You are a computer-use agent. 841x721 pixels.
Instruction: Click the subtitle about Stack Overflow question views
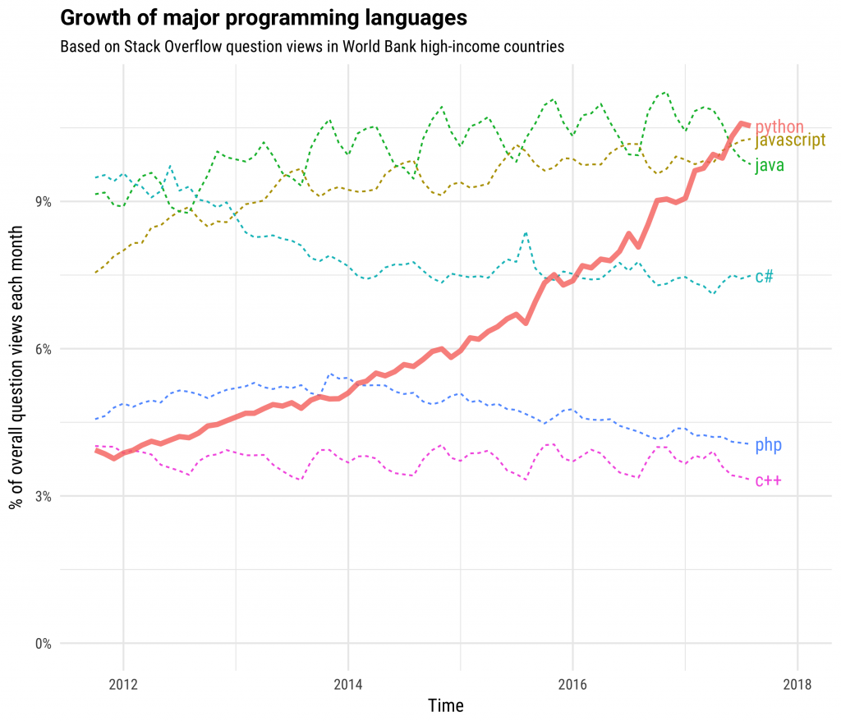pos(312,47)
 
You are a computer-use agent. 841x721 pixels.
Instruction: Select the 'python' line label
pos(779,127)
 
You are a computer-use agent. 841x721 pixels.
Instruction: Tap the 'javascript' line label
pos(789,140)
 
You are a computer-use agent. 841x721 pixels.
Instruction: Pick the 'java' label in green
pos(770,165)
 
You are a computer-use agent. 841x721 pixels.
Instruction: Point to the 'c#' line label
pos(764,276)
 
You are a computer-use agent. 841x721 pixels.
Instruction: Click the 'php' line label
pos(768,445)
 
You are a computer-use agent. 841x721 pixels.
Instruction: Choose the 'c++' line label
pos(767,480)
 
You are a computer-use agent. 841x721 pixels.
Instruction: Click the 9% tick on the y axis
pos(42,202)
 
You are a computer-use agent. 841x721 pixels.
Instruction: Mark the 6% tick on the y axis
pos(42,349)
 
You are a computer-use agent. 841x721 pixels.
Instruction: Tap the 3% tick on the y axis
pos(42,496)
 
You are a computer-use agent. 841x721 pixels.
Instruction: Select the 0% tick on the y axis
pos(42,643)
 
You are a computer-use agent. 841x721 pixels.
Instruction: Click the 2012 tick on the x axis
pos(123,683)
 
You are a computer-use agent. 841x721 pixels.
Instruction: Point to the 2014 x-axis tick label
pos(348,683)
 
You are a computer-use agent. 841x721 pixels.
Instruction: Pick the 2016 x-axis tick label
pos(572,683)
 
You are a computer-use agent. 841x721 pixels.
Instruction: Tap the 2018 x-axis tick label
pos(797,683)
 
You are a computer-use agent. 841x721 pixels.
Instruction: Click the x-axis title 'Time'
pos(446,705)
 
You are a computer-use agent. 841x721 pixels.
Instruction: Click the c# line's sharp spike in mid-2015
pos(526,233)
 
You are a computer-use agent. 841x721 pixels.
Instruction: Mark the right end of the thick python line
pos(747,125)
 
